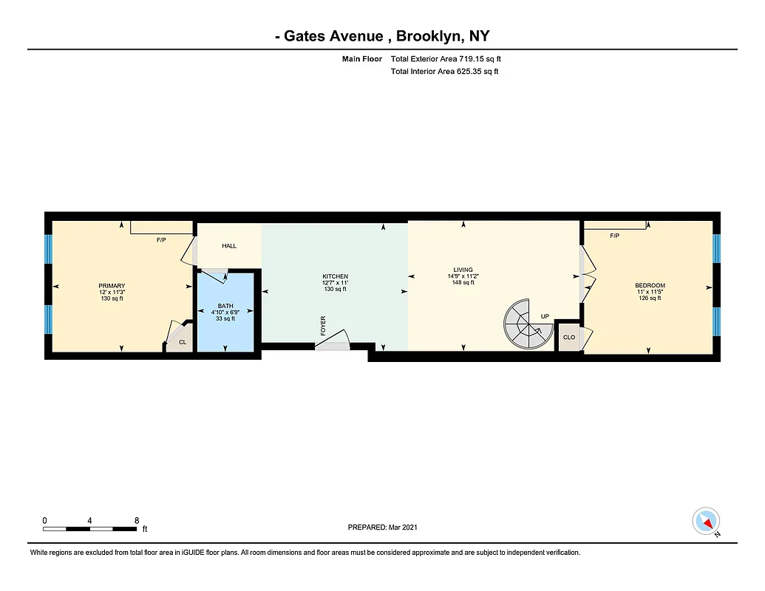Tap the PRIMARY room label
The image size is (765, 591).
[x=112, y=286]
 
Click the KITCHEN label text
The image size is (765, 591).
[x=335, y=276]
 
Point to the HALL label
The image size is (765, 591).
[x=229, y=245]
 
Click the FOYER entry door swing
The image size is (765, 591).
[x=333, y=341]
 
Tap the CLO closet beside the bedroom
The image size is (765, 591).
[x=568, y=337]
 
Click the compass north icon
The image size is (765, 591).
[x=706, y=522]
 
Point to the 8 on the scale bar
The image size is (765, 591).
[x=137, y=520]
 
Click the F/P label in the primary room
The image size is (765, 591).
[x=161, y=240]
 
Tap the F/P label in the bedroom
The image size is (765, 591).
[x=614, y=236]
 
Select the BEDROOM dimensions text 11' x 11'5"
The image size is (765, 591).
[x=650, y=292]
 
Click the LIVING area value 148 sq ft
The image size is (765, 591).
[x=463, y=282]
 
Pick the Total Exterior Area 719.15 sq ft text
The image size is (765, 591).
[x=450, y=59]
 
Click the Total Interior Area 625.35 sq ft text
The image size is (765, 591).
[x=444, y=72]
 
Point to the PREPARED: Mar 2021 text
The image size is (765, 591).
[x=382, y=527]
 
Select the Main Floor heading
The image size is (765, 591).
[x=362, y=59]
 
